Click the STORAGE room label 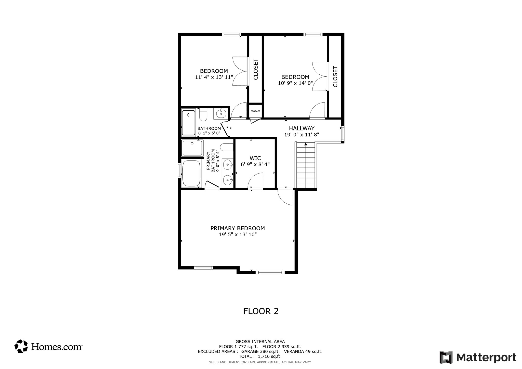(255, 111)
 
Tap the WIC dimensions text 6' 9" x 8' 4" (255, 165)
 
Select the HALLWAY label (302, 128)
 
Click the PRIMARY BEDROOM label (238, 228)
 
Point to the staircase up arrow (306, 144)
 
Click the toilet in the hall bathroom (203, 115)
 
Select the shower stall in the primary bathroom (192, 148)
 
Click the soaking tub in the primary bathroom (191, 173)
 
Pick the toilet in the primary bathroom (226, 147)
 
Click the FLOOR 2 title (261, 311)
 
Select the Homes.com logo (48, 346)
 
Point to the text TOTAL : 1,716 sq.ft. (260, 356)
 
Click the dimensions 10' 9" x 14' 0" (295, 83)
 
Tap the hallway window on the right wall (343, 134)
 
